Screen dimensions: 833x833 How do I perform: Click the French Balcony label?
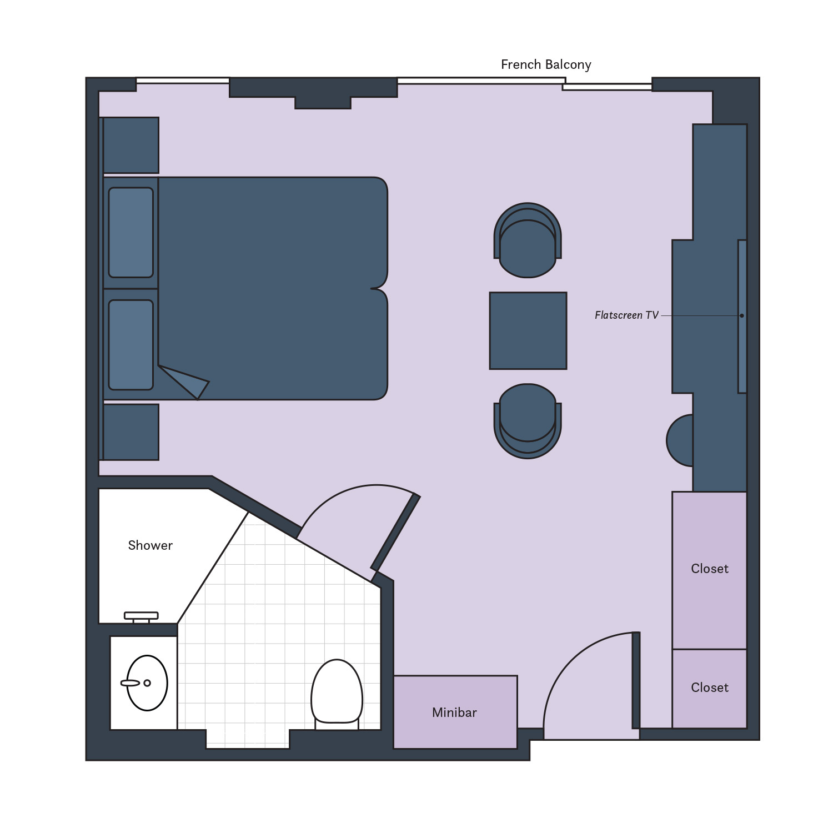(546, 64)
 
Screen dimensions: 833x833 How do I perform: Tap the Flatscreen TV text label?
(626, 315)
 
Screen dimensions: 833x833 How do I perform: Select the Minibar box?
(455, 712)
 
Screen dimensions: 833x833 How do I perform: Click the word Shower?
(150, 545)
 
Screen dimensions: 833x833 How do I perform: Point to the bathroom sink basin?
(147, 683)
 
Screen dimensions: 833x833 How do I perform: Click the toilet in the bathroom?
(337, 691)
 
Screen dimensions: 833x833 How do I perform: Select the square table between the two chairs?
(528, 330)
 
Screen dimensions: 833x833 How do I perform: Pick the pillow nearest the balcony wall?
(131, 232)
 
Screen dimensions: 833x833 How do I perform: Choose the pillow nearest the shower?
(131, 345)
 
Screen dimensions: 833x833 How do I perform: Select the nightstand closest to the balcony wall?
(131, 145)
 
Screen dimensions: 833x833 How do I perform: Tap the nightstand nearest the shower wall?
(131, 432)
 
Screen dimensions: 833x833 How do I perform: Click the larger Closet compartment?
(709, 569)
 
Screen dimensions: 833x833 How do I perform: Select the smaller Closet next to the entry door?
(709, 688)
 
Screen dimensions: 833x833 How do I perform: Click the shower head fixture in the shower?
(141, 616)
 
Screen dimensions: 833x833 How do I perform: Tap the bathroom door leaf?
(395, 533)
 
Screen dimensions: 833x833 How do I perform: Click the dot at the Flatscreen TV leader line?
(741, 315)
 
